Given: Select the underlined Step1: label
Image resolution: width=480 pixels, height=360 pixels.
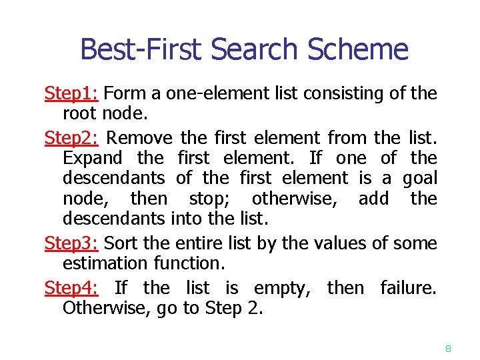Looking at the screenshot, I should [x=72, y=93].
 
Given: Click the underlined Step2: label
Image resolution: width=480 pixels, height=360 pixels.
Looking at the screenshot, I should [x=72, y=138].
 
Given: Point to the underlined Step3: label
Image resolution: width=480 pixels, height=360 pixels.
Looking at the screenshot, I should [x=72, y=243].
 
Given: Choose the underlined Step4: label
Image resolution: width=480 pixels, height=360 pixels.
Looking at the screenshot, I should [x=72, y=288].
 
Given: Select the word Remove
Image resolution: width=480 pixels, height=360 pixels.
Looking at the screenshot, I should [x=139, y=138].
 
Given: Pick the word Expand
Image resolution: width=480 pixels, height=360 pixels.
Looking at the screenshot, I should [x=93, y=159].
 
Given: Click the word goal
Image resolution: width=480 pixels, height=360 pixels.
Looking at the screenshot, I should [x=420, y=178].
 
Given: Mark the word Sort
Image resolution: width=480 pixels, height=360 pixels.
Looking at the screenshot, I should [x=119, y=243].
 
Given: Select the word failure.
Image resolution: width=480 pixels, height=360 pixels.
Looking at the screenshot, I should [x=408, y=288].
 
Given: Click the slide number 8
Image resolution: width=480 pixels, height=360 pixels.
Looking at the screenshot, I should [x=449, y=349].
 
